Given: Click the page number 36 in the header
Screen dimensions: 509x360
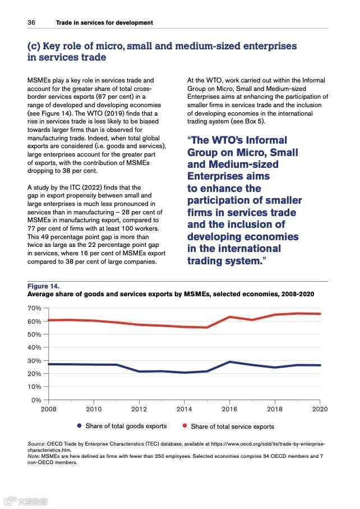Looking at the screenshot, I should [31, 22].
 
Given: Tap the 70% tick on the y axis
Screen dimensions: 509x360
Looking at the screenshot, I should [34, 309].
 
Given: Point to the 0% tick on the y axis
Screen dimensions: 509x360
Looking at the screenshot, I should [36, 400].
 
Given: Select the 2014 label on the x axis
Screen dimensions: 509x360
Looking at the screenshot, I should [184, 409].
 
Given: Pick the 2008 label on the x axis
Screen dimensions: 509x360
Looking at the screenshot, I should [49, 409].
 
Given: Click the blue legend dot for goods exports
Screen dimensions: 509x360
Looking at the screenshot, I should [80, 426].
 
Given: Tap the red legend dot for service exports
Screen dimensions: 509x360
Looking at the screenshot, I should [184, 426].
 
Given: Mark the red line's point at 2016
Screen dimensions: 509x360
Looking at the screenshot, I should [230, 317].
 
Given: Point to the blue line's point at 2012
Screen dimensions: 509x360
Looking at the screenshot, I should [139, 372].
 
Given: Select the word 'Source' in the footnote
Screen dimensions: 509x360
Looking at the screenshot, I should [37, 444].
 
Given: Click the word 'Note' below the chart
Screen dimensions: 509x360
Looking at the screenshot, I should [35, 457].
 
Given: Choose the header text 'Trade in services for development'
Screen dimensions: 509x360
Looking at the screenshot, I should [104, 22].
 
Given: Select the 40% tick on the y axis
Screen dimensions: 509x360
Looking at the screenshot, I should [34, 347].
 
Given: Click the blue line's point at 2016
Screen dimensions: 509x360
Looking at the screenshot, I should [230, 362].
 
